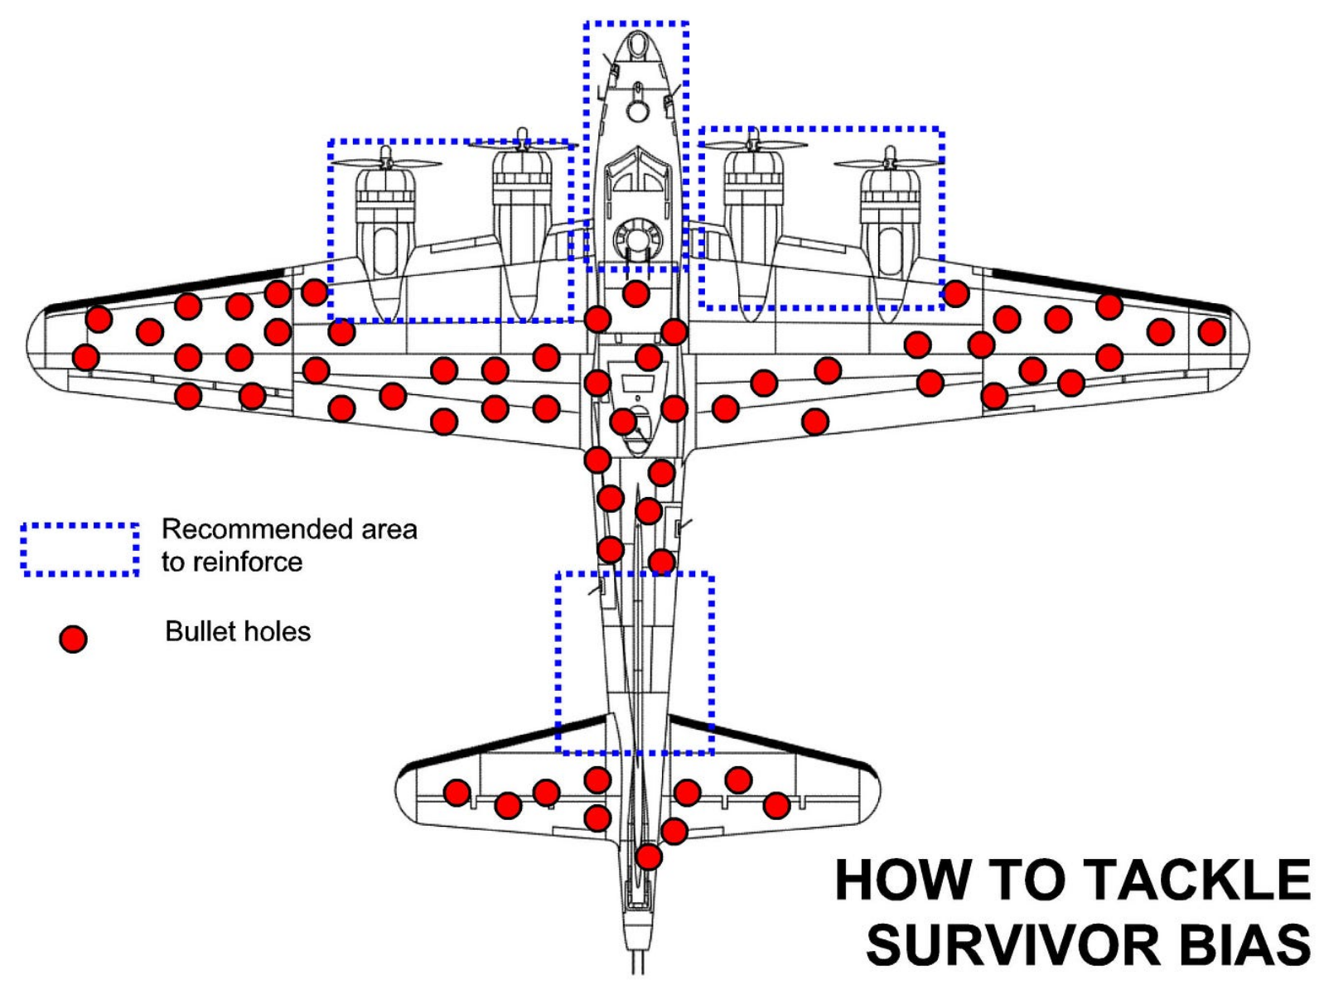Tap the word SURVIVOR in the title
(1013, 944)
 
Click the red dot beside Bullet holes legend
(73, 639)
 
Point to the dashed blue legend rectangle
(80, 549)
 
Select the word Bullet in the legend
(195, 631)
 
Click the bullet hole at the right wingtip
(1211, 332)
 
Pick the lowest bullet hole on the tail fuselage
(649, 857)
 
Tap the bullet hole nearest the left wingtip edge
(85, 358)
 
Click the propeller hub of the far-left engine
(386, 155)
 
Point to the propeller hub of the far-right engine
(890, 155)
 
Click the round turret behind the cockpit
(635, 239)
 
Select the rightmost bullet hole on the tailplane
(776, 804)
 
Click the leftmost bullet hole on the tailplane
(457, 793)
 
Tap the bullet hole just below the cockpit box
(635, 293)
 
